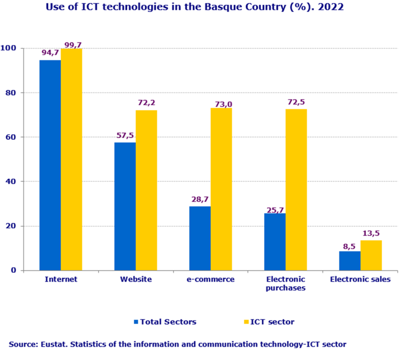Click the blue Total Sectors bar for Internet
click(x=50, y=165)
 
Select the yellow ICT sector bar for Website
click(x=146, y=190)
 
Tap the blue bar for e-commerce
click(x=200, y=238)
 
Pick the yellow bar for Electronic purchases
click(x=296, y=190)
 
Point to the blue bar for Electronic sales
click(x=349, y=261)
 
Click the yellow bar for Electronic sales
click(x=371, y=255)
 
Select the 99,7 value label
click(x=72, y=44)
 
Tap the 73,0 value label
click(x=222, y=104)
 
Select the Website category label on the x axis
click(x=136, y=279)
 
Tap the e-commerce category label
click(x=211, y=279)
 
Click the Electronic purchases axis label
click(x=285, y=283)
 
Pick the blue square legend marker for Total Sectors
click(x=136, y=322)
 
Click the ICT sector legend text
click(x=272, y=322)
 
